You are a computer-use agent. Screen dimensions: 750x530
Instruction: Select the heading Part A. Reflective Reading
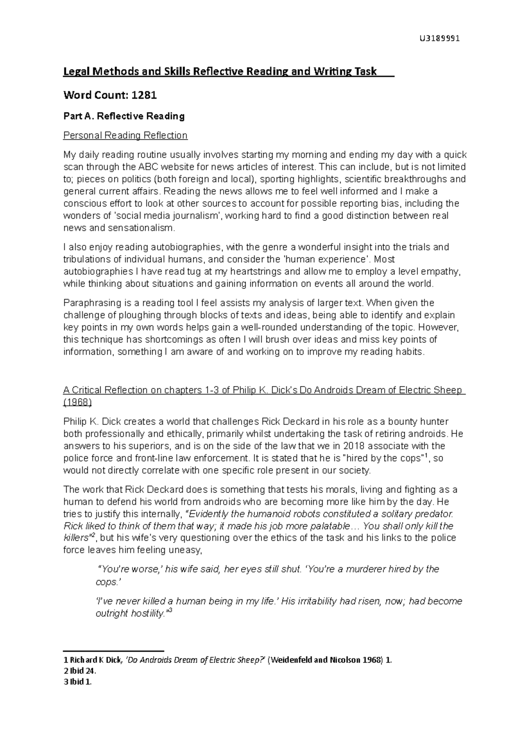coord(124,116)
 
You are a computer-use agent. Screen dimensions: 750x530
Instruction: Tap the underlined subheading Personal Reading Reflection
coord(125,135)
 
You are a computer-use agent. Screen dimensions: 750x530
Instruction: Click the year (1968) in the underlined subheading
coord(78,402)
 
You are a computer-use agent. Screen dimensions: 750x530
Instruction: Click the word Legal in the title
coord(76,71)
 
